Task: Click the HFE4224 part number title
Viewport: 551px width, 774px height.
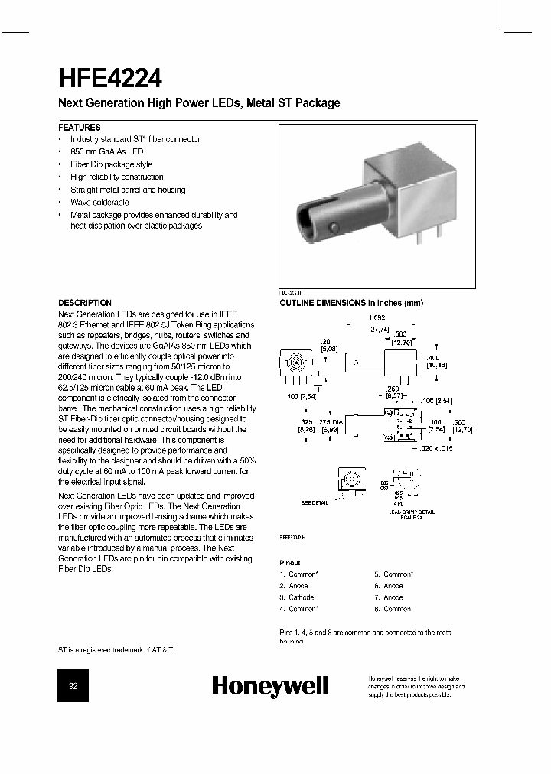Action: click(x=109, y=78)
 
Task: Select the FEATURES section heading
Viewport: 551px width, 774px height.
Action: click(x=80, y=127)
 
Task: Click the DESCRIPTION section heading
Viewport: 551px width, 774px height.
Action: click(x=85, y=302)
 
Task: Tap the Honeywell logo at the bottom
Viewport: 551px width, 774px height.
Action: click(x=269, y=685)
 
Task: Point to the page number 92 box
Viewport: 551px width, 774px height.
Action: click(x=74, y=686)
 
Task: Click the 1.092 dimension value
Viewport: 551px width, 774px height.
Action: click(x=376, y=317)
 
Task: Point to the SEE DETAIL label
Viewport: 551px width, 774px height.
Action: click(x=315, y=502)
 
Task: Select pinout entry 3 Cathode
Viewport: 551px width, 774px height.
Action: click(x=297, y=597)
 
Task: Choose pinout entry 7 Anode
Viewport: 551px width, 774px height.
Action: click(x=388, y=597)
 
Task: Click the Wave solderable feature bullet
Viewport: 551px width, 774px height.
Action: click(x=99, y=202)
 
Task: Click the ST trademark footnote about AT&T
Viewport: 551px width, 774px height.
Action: click(x=116, y=649)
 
